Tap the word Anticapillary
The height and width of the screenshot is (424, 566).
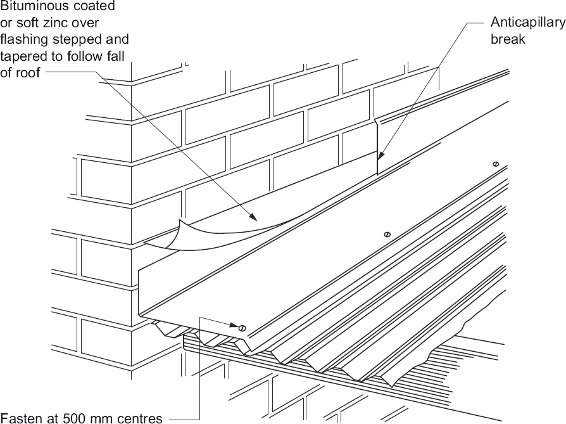tap(527, 23)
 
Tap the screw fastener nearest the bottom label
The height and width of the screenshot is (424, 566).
tap(242, 328)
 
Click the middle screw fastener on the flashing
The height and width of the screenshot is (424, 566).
tap(387, 235)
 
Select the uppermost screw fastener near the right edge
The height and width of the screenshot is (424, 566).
tap(495, 164)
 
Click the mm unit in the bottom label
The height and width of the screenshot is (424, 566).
tap(106, 418)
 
